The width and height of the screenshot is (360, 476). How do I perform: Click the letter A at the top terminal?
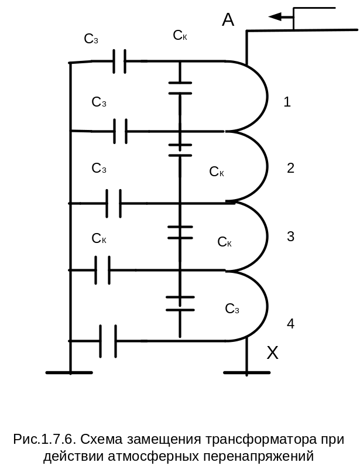coord(228,20)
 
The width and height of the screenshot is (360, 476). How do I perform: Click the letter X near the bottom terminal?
coord(272,352)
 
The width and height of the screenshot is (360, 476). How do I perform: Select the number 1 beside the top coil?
coord(287,102)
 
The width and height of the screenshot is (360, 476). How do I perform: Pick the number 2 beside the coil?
coord(290,168)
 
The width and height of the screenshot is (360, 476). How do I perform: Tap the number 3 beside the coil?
coord(290,236)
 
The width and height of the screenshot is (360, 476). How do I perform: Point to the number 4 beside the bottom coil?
coord(290,324)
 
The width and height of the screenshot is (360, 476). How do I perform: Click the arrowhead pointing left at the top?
coord(275,17)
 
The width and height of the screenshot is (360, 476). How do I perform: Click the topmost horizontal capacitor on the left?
coord(119,61)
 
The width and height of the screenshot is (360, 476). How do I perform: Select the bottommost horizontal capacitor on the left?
coord(108,341)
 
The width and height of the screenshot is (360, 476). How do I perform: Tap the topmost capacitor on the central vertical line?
coord(180,88)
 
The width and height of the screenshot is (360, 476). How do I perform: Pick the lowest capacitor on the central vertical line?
coord(180,303)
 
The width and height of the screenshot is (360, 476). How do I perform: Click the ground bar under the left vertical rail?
coord(69,372)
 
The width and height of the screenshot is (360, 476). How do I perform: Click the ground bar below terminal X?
coord(246,372)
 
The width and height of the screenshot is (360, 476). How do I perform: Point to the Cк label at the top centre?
coord(180,35)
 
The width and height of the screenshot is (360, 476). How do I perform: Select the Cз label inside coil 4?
coord(232,309)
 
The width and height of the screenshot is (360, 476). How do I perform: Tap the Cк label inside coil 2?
coord(217,172)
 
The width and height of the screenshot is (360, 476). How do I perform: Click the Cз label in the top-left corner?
coord(91,39)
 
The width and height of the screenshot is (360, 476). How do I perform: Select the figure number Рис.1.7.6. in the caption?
coord(44,439)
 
